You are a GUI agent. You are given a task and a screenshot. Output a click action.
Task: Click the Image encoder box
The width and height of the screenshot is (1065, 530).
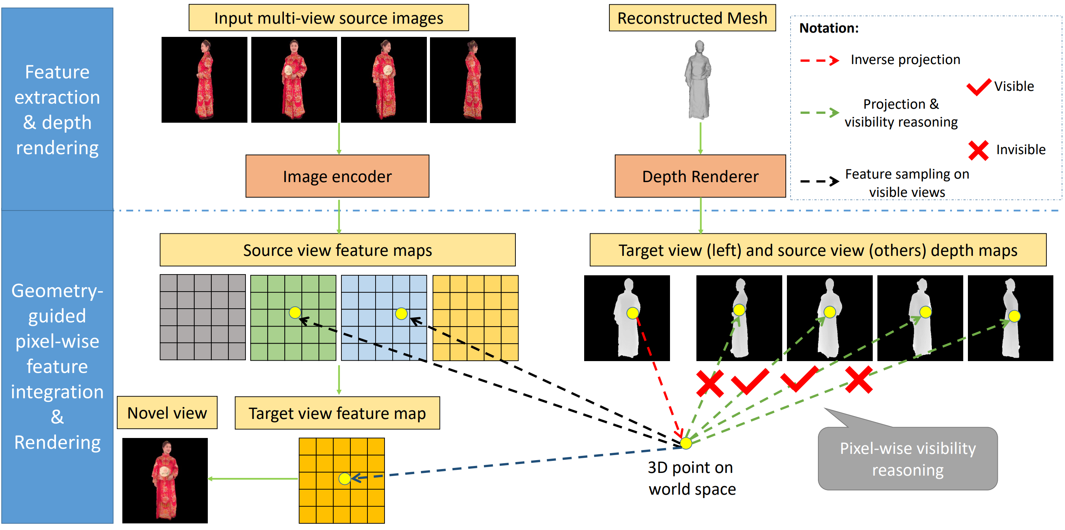pos(337,177)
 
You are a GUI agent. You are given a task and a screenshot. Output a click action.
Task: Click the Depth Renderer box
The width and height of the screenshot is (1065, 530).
pos(700,177)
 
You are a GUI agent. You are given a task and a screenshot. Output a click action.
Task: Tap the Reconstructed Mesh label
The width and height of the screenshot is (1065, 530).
pos(692,18)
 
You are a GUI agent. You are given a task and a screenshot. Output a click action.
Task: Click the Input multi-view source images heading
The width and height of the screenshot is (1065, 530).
pos(328,18)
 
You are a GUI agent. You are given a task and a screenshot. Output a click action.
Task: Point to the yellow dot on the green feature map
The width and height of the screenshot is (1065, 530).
pos(295,313)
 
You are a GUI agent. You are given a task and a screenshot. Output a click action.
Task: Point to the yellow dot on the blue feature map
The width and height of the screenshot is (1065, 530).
pos(401,314)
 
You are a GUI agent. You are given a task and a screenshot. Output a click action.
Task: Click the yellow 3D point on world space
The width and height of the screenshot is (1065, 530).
pos(686,443)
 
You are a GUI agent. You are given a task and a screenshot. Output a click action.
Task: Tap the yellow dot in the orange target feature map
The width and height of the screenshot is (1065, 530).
pos(345,479)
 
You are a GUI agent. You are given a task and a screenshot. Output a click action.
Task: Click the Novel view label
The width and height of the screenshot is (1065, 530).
pos(167,413)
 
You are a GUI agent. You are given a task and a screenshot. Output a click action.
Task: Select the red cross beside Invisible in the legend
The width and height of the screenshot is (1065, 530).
pos(978,151)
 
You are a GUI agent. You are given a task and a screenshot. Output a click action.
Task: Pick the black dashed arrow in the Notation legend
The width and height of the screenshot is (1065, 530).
pos(819,181)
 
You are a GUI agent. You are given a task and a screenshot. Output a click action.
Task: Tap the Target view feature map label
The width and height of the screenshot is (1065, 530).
pos(337,414)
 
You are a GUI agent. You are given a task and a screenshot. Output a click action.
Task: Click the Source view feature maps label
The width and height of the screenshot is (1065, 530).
pos(338,250)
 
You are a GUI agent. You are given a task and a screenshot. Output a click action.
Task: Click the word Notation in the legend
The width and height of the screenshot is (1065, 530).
pos(828,28)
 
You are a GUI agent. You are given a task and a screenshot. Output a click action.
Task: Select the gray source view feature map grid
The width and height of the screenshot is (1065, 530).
pos(203,318)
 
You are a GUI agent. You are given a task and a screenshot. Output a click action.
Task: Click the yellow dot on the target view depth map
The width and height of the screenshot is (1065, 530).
pos(632,313)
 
